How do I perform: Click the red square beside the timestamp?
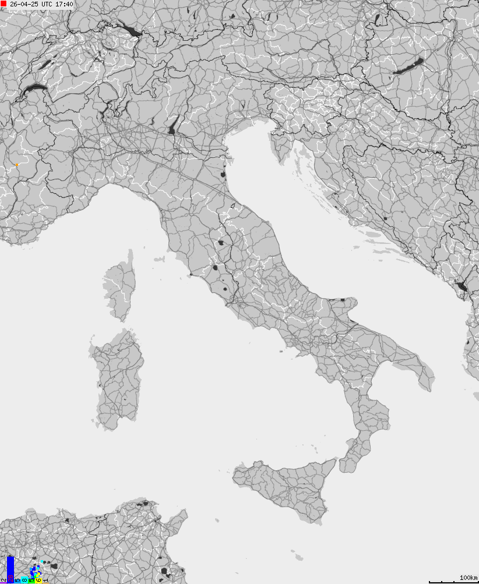click(x=3, y=4)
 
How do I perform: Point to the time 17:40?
click(x=65, y=4)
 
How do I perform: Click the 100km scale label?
click(x=469, y=577)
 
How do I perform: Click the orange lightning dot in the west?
click(x=17, y=165)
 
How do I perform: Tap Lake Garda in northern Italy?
click(x=173, y=126)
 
